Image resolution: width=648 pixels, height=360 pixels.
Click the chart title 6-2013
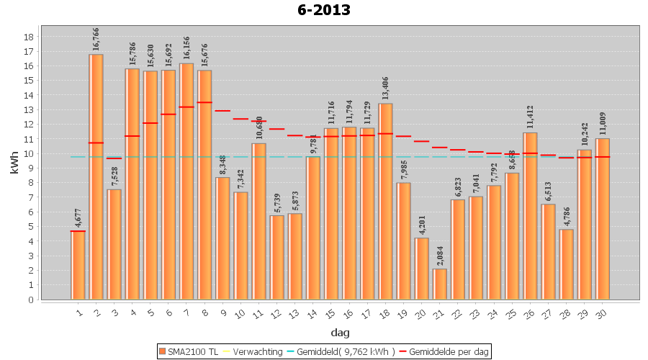click(323, 10)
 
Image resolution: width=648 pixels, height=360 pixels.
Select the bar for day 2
click(96, 176)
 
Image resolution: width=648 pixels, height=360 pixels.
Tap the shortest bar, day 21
click(439, 284)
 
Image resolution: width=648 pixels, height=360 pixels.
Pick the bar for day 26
click(530, 216)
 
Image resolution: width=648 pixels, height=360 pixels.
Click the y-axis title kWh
click(15, 163)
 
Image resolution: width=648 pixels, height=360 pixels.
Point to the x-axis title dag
click(340, 332)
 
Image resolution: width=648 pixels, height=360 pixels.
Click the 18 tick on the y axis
click(29, 37)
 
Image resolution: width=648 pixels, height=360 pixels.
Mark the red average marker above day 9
click(222, 111)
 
